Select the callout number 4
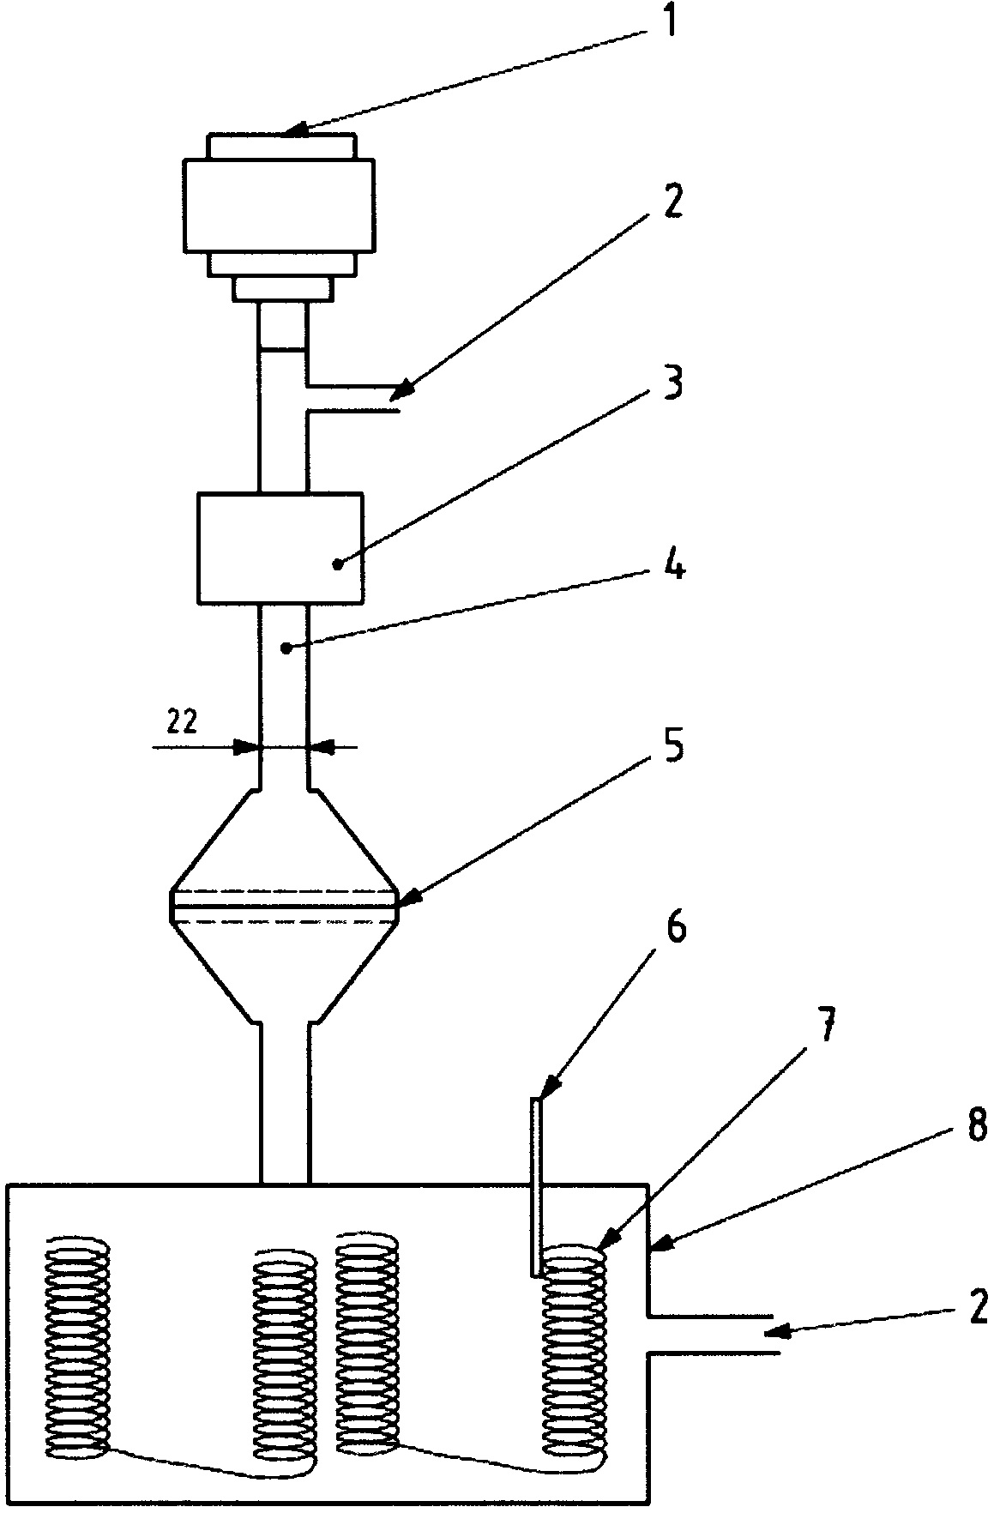pos(674,567)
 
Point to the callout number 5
pos(673,748)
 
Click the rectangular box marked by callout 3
pos(280,547)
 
